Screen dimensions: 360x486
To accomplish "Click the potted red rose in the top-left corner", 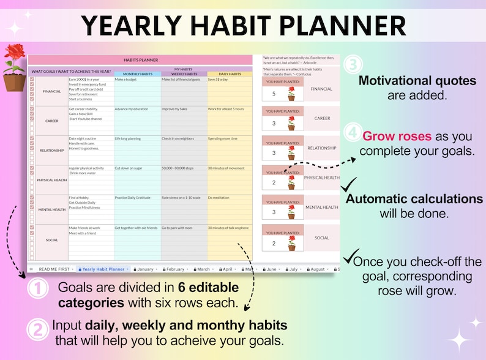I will tap(14, 67).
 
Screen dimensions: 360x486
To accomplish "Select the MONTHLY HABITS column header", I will tap(137, 73).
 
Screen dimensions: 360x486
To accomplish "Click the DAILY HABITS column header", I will tap(230, 73).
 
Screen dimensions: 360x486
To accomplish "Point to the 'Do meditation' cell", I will tap(219, 198).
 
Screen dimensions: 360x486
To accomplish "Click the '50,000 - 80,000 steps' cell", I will tap(179, 168).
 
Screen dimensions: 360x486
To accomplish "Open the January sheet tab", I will tap(144, 269).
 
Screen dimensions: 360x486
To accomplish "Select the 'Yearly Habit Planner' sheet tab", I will tap(103, 269).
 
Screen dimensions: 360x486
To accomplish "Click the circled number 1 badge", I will tap(38, 288).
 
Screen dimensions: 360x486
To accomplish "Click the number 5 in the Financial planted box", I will tap(274, 94).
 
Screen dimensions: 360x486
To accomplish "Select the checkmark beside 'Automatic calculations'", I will tap(349, 184).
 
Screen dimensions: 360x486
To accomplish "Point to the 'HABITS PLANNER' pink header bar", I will tap(141, 60).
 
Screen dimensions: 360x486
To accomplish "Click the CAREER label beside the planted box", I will tap(321, 118).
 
